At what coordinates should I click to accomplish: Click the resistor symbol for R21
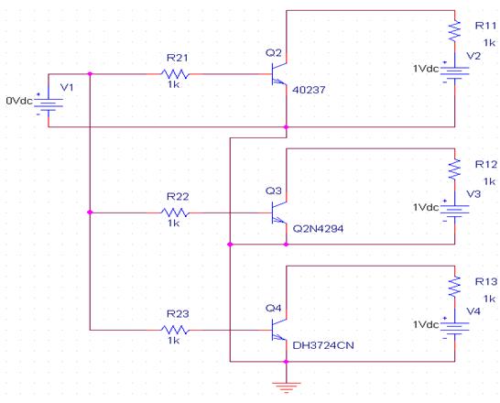tap(175, 74)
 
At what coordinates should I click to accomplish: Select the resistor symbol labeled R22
tap(175, 212)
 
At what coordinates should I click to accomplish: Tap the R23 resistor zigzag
tap(175, 330)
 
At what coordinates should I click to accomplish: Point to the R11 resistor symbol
tap(455, 31)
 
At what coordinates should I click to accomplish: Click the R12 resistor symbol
tap(455, 169)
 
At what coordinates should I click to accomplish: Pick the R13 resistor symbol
tap(455, 287)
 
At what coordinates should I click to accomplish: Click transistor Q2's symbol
tap(279, 74)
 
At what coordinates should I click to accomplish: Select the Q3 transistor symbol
tap(279, 212)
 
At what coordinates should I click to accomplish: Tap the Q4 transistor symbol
tap(279, 330)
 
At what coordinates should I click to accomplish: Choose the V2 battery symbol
tap(455, 73)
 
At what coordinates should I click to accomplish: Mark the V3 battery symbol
tap(455, 211)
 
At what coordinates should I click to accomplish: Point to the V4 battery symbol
tap(455, 328)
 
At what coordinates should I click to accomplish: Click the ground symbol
tap(287, 387)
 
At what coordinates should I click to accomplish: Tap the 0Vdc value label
tap(19, 101)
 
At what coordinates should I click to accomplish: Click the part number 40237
tap(309, 91)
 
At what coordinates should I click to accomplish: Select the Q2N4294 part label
tap(318, 229)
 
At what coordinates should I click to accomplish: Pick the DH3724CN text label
tap(323, 345)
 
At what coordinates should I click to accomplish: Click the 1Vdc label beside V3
tap(426, 207)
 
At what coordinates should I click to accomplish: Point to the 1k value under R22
tap(174, 223)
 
